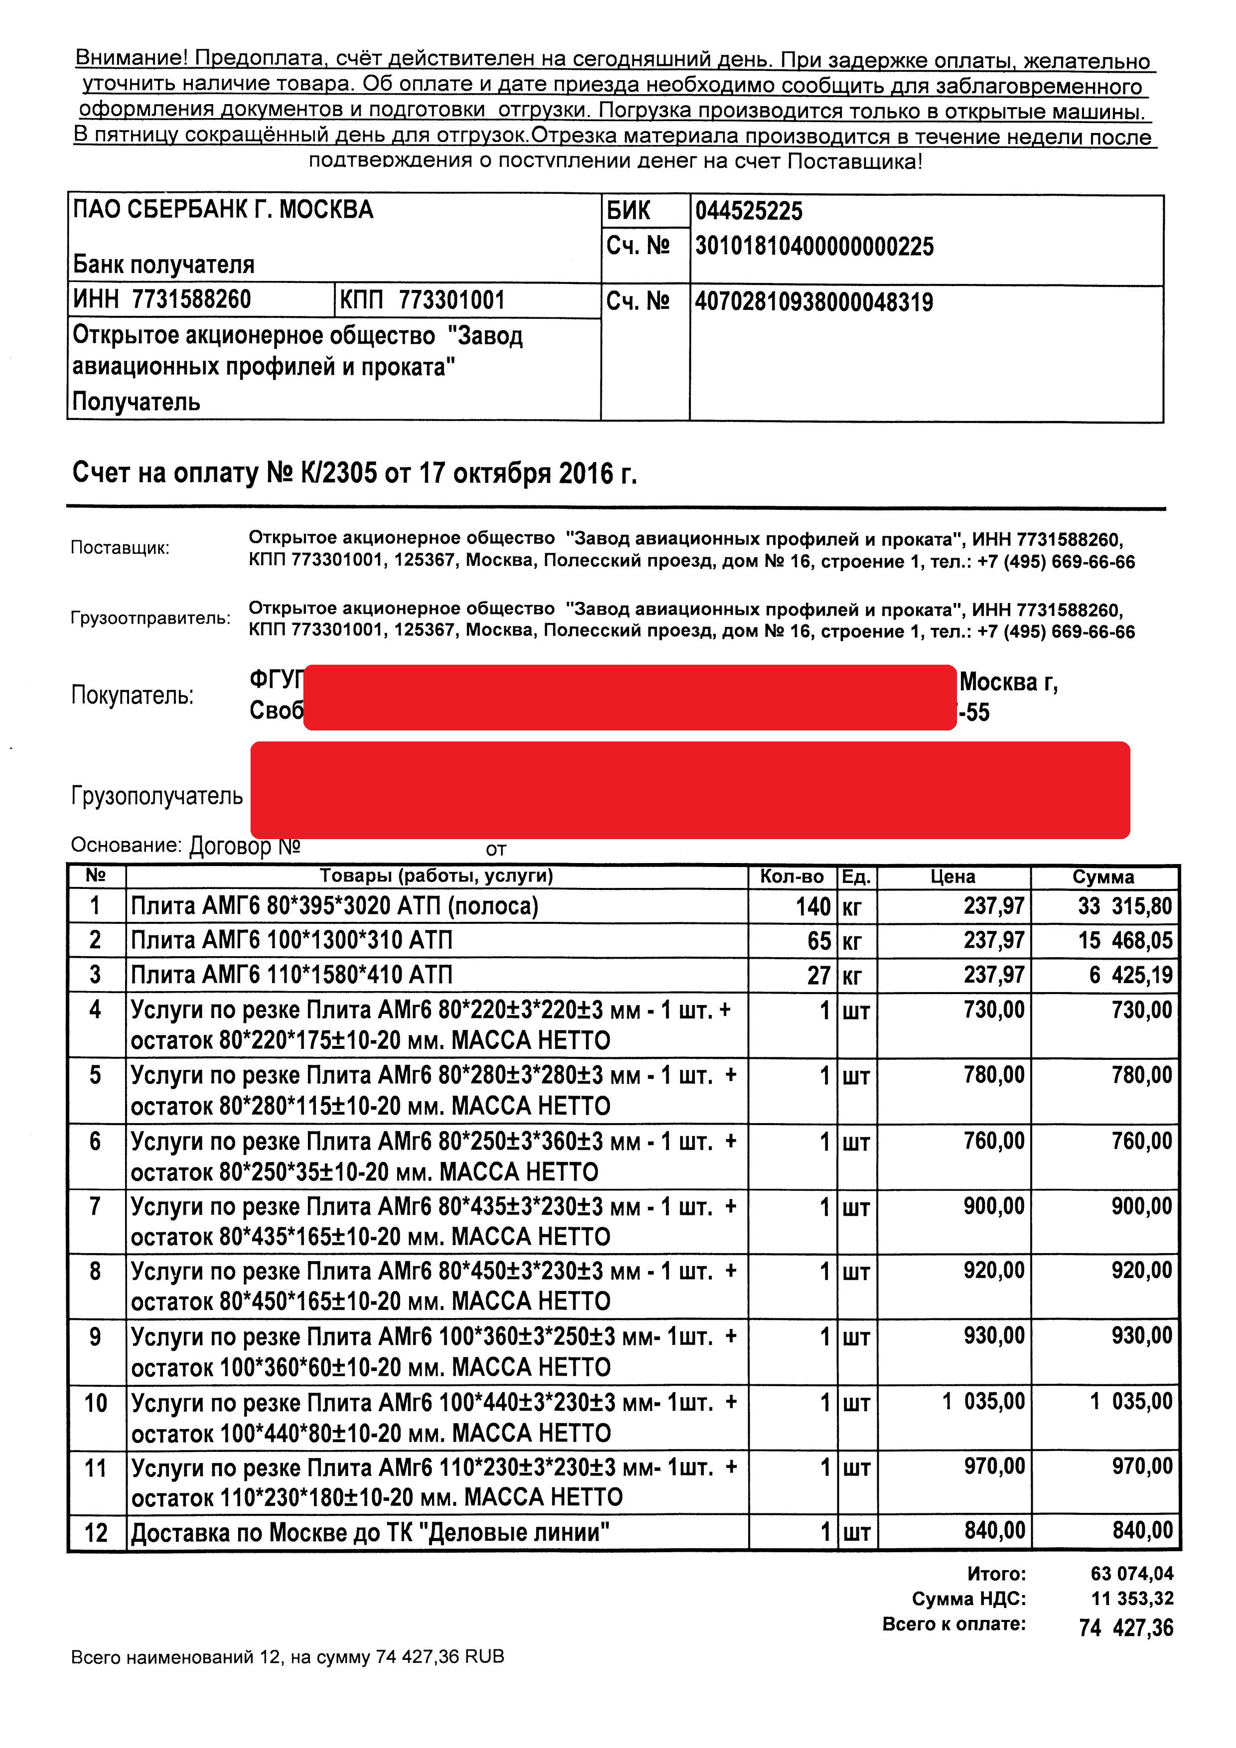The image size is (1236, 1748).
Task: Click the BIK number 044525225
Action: pyautogui.click(x=748, y=211)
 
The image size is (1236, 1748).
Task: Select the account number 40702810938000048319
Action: pyautogui.click(x=814, y=302)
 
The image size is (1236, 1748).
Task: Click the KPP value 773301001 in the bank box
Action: pyautogui.click(x=451, y=300)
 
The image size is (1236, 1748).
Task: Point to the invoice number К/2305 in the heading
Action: pyautogui.click(x=339, y=473)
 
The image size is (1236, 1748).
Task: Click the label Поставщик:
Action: pyautogui.click(x=120, y=548)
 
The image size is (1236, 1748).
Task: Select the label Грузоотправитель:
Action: pyautogui.click(x=150, y=617)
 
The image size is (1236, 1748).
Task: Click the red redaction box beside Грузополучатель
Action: pyautogui.click(x=689, y=790)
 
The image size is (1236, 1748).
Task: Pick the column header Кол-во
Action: pyautogui.click(x=792, y=876)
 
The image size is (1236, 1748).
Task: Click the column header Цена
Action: pyautogui.click(x=953, y=876)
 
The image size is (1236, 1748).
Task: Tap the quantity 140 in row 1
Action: pyautogui.click(x=813, y=907)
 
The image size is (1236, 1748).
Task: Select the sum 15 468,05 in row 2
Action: pyautogui.click(x=1125, y=941)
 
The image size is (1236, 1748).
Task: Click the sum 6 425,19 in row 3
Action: pyautogui.click(x=1130, y=975)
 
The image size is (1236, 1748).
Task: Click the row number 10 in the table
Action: pyautogui.click(x=96, y=1403)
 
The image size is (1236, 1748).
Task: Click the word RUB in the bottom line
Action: pyautogui.click(x=485, y=1657)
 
